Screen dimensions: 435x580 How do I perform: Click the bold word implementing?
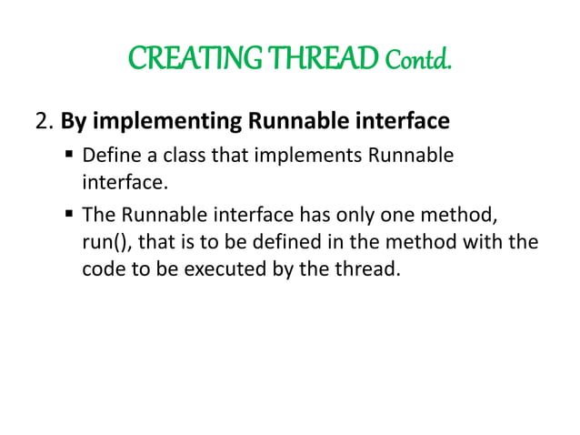pyautogui.click(x=155, y=120)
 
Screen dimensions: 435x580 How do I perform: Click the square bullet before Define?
pyautogui.click(x=70, y=155)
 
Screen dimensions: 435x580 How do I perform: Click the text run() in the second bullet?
pyautogui.click(x=96, y=245)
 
